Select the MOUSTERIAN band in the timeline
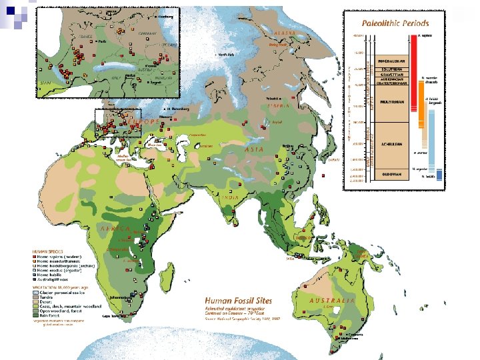[387, 103]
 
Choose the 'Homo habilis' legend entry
[53, 275]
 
